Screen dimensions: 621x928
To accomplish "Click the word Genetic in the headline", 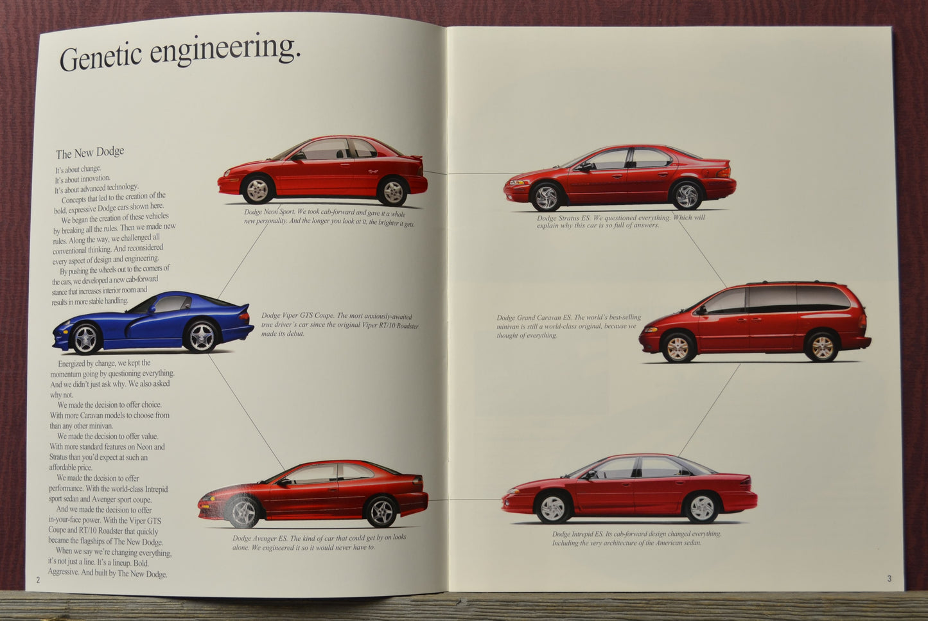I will tap(100, 57).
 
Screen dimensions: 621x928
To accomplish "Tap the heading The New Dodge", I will tap(90, 153).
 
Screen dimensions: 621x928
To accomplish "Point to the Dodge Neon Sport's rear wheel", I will tap(392, 191).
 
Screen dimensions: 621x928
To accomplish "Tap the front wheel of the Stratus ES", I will tap(547, 197).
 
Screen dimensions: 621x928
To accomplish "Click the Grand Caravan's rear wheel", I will tap(821, 347).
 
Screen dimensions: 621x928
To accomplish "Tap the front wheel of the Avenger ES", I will tap(243, 512).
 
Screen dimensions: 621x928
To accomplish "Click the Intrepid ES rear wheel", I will tap(701, 507).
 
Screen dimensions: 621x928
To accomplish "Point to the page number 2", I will tap(38, 580).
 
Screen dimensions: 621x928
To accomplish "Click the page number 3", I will tap(889, 579).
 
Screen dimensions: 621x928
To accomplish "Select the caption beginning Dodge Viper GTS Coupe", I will tap(339, 324).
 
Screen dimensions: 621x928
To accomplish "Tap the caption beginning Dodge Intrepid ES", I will tap(636, 538).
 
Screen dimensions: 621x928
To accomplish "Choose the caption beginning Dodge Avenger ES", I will tap(319, 543).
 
